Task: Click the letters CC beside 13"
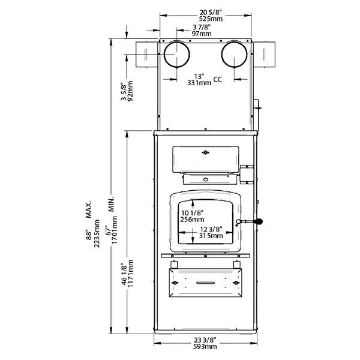[218, 80]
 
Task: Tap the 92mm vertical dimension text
[130, 93]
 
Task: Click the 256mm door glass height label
[192, 219]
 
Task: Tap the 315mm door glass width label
[211, 236]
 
